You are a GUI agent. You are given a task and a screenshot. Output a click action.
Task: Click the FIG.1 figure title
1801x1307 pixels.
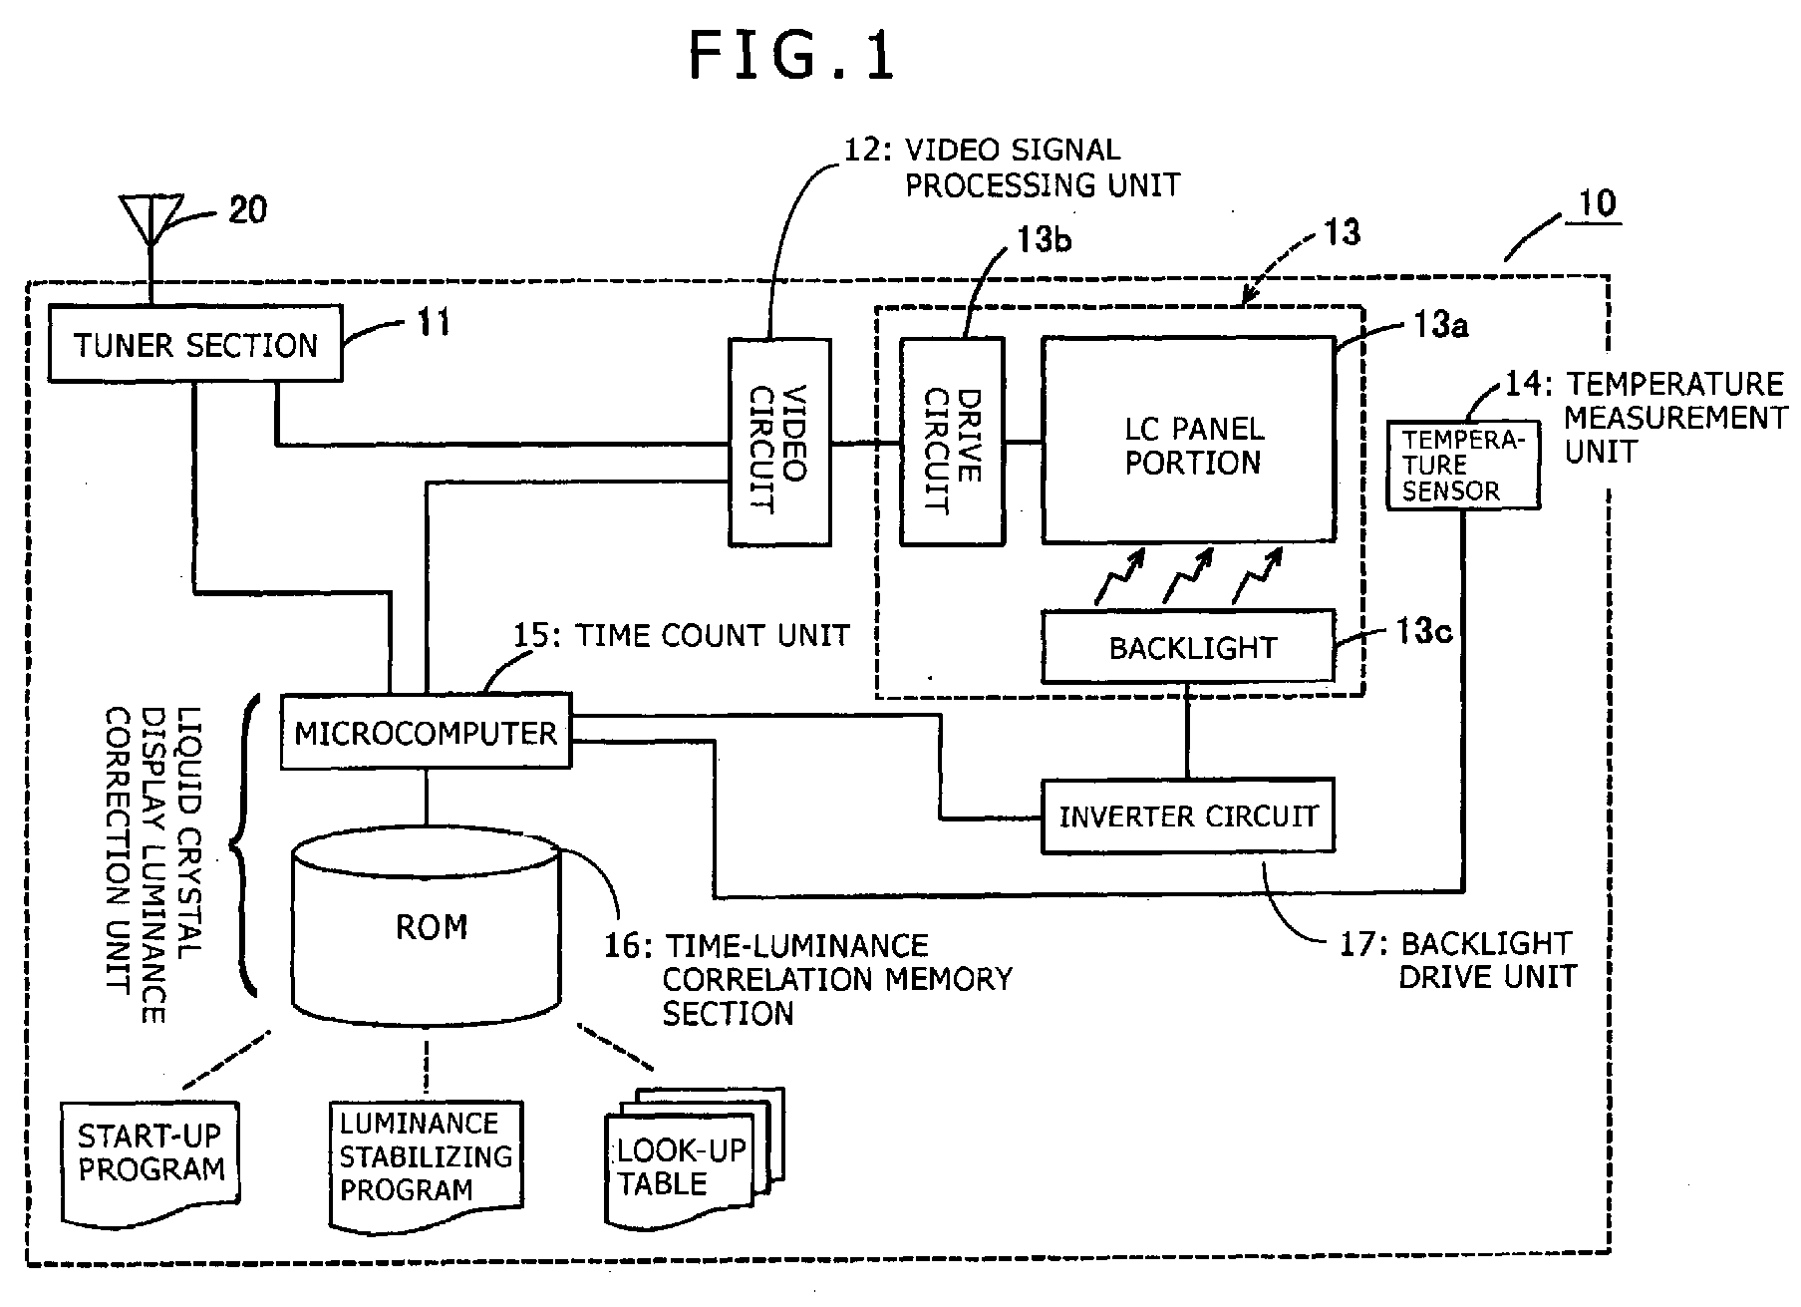pos(792,56)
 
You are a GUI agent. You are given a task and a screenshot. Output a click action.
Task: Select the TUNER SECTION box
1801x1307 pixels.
pos(195,344)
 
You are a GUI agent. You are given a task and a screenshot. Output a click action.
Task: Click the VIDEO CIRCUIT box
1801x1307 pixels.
pos(779,442)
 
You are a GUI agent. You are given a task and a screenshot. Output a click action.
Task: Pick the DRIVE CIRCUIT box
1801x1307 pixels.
pos(952,442)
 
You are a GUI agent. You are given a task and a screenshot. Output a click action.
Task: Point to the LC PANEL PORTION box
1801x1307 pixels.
pos(1188,440)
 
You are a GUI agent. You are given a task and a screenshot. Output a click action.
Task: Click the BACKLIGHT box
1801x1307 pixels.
pos(1188,647)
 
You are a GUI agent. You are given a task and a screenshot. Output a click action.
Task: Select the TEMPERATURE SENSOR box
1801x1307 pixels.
pos(1463,466)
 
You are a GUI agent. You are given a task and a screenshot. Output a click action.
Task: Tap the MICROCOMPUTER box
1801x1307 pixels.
pos(426,732)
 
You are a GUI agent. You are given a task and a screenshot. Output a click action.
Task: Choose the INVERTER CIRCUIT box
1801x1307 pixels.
pos(1188,816)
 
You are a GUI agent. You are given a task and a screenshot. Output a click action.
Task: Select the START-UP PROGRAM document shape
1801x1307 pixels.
pos(151,1162)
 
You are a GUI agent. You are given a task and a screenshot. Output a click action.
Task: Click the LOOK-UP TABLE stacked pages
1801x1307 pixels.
pos(695,1156)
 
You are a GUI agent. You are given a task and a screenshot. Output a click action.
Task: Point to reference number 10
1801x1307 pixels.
pos(1597,203)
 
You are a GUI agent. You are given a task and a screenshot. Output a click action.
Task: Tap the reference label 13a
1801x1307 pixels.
pos(1439,325)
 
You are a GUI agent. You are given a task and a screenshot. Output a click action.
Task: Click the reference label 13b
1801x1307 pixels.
pos(1044,240)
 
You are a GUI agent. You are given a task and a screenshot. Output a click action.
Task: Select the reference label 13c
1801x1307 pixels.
pos(1422,631)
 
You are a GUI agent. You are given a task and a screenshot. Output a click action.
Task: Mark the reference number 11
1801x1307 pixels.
pos(434,323)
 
